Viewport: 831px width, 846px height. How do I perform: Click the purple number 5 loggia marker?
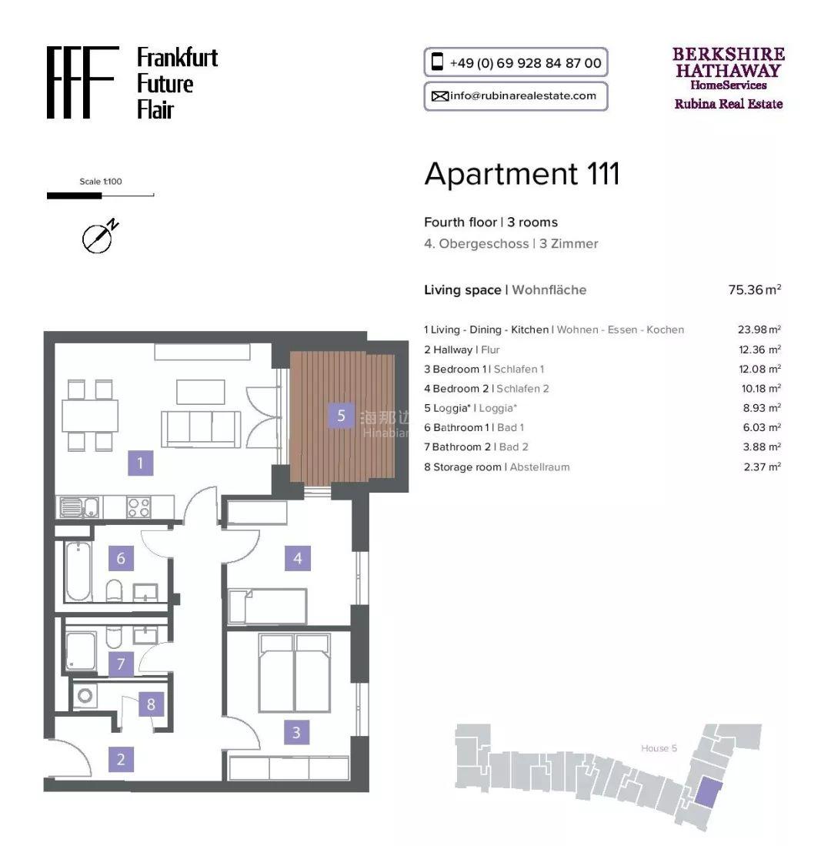tap(341, 416)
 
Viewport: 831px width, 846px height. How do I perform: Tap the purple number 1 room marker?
tap(140, 463)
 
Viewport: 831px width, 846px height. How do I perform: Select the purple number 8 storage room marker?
tap(151, 704)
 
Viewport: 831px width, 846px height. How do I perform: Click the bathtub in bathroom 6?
tap(78, 571)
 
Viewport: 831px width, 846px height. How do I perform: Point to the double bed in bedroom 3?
tap(295, 673)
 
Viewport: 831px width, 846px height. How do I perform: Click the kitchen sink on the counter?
tap(78, 507)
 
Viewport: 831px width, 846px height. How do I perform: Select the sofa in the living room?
tap(201, 429)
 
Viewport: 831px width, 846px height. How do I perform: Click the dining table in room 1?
tap(90, 416)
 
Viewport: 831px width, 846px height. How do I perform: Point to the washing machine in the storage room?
tap(85, 696)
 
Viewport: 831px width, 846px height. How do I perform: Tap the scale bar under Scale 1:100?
tap(100, 196)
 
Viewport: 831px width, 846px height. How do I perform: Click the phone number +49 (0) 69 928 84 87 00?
tap(526, 63)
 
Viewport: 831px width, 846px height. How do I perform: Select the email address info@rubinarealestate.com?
tap(523, 96)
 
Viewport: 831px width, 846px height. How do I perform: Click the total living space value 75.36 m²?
tap(754, 289)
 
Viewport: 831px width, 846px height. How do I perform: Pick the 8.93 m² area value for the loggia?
tap(762, 408)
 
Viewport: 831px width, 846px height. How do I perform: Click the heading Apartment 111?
tap(522, 174)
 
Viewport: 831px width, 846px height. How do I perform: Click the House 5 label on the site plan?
tap(659, 748)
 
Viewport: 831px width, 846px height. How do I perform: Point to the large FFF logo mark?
tap(82, 82)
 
